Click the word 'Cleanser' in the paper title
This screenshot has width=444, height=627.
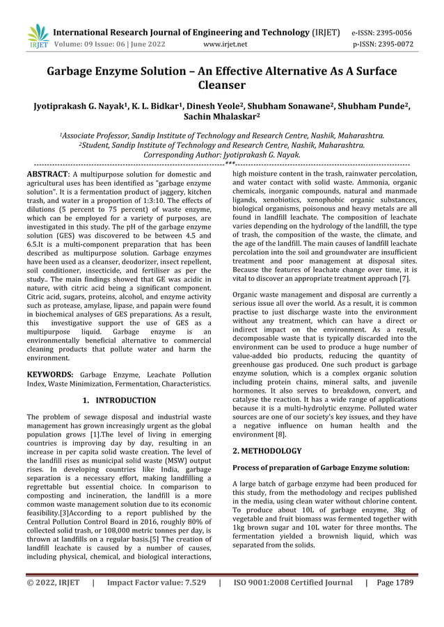(221, 86)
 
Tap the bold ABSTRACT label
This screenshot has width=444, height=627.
(47, 173)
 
